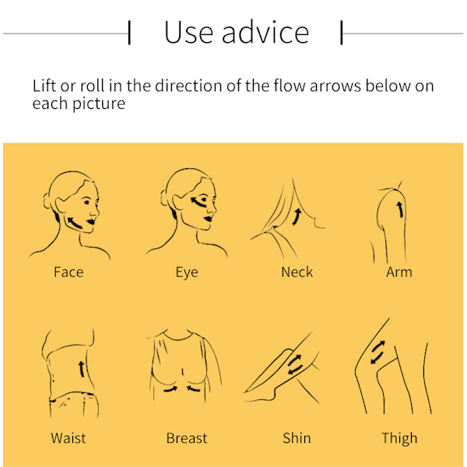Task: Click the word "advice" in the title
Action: point(265,32)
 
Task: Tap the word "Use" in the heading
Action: point(188,33)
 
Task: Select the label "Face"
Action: point(68,272)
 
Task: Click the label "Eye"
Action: point(187,272)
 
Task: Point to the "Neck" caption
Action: point(297,272)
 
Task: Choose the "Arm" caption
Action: point(399,272)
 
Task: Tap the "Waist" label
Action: point(68,437)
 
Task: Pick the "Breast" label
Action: point(187,437)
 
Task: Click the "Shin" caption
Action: point(297,437)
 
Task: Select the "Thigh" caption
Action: point(399,438)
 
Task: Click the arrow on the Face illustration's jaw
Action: point(74,223)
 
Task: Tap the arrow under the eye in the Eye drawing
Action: point(198,202)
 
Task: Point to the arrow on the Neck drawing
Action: point(297,217)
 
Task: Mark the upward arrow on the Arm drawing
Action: point(400,209)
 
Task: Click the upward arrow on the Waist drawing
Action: point(82,369)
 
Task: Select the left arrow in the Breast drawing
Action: point(170,389)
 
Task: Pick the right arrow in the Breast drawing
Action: point(193,388)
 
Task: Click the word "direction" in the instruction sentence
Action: point(188,86)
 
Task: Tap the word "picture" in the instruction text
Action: point(99,104)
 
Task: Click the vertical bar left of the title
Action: point(129,33)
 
